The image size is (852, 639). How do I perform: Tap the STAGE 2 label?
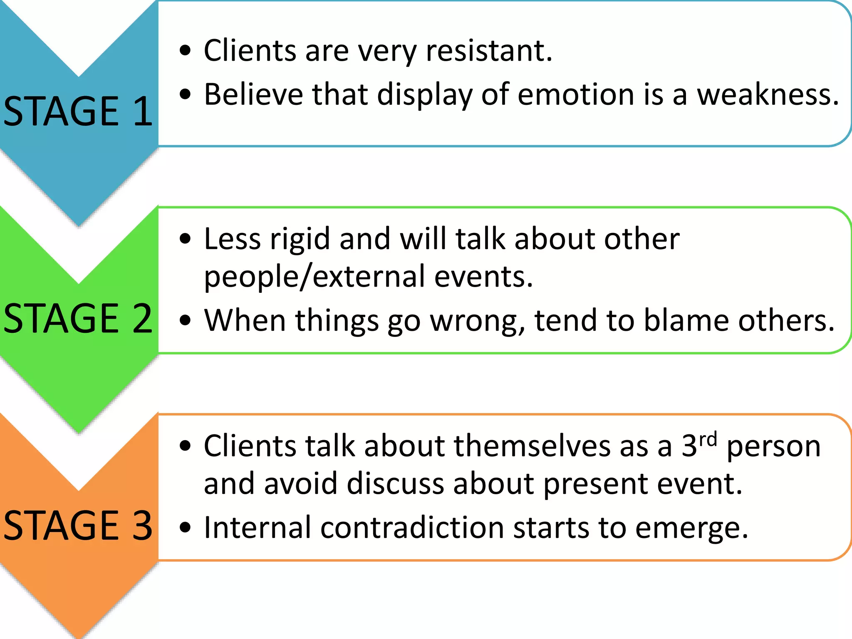(78, 318)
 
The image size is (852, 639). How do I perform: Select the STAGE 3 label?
(78, 525)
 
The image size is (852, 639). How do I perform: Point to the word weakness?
(768, 94)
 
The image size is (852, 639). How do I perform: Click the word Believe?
(253, 94)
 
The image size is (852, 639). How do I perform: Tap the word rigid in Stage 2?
(300, 239)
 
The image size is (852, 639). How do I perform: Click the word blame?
(686, 320)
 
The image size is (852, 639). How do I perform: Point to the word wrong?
(478, 321)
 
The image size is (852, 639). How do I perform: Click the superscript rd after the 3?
(708, 439)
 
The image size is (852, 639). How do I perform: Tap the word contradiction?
(412, 528)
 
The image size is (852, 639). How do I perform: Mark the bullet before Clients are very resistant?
(185, 51)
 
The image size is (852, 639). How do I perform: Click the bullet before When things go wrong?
(185, 320)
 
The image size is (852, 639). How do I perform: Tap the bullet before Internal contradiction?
(185, 528)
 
